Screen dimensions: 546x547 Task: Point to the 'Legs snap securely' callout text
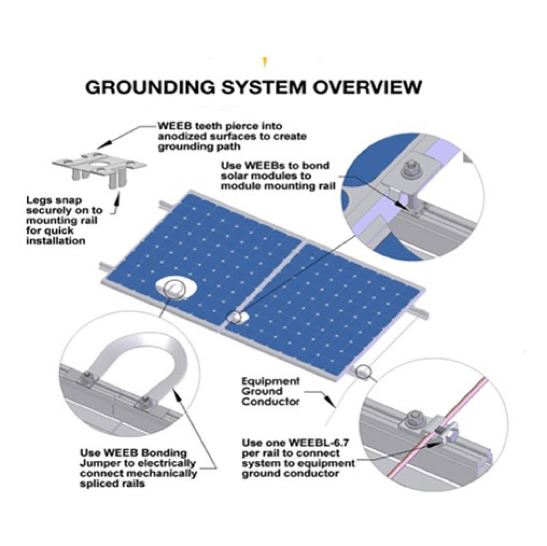pyautogui.click(x=62, y=220)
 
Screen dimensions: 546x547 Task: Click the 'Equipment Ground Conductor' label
pyautogui.click(x=270, y=391)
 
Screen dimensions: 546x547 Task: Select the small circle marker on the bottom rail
pyautogui.click(x=364, y=372)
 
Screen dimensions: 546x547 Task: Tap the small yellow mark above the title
pyautogui.click(x=265, y=62)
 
